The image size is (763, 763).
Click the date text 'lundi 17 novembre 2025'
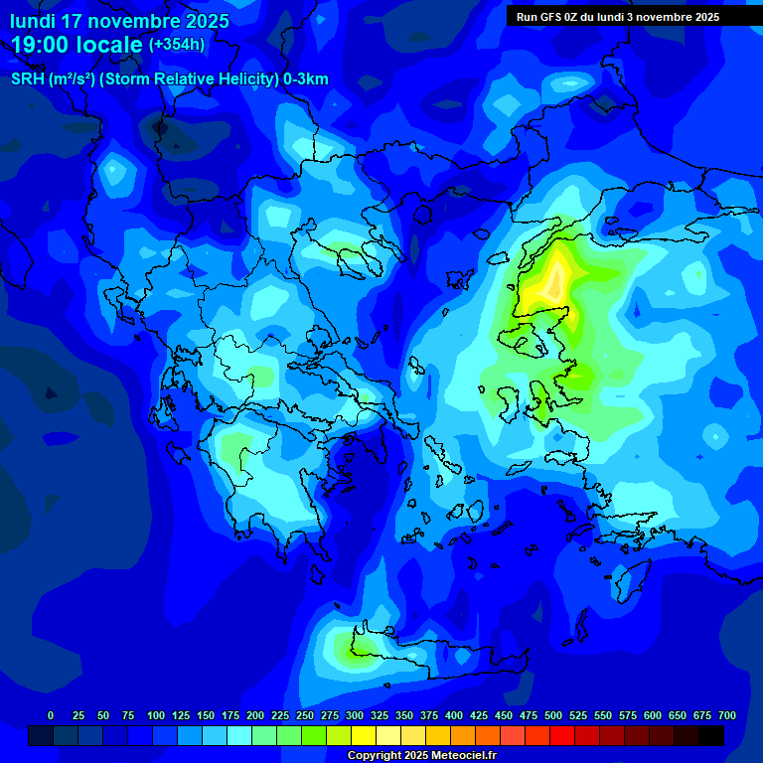coord(119,21)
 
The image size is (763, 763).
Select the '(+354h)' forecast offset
coord(177,44)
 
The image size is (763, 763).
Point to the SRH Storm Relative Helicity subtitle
coord(169,79)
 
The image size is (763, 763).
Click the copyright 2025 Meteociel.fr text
coord(421,756)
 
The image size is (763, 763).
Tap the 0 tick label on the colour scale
coord(51,715)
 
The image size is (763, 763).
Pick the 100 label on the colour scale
coord(156,715)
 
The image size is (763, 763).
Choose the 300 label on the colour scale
coord(355,715)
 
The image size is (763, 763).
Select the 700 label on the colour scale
coord(727,715)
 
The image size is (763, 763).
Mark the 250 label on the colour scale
coord(305,715)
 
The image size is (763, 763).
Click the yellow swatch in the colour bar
coord(364,735)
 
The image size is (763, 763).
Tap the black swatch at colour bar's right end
coord(711,735)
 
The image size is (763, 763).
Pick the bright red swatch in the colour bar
coord(562,735)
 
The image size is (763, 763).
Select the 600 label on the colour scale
coord(653,715)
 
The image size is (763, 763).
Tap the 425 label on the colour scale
coord(479,715)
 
